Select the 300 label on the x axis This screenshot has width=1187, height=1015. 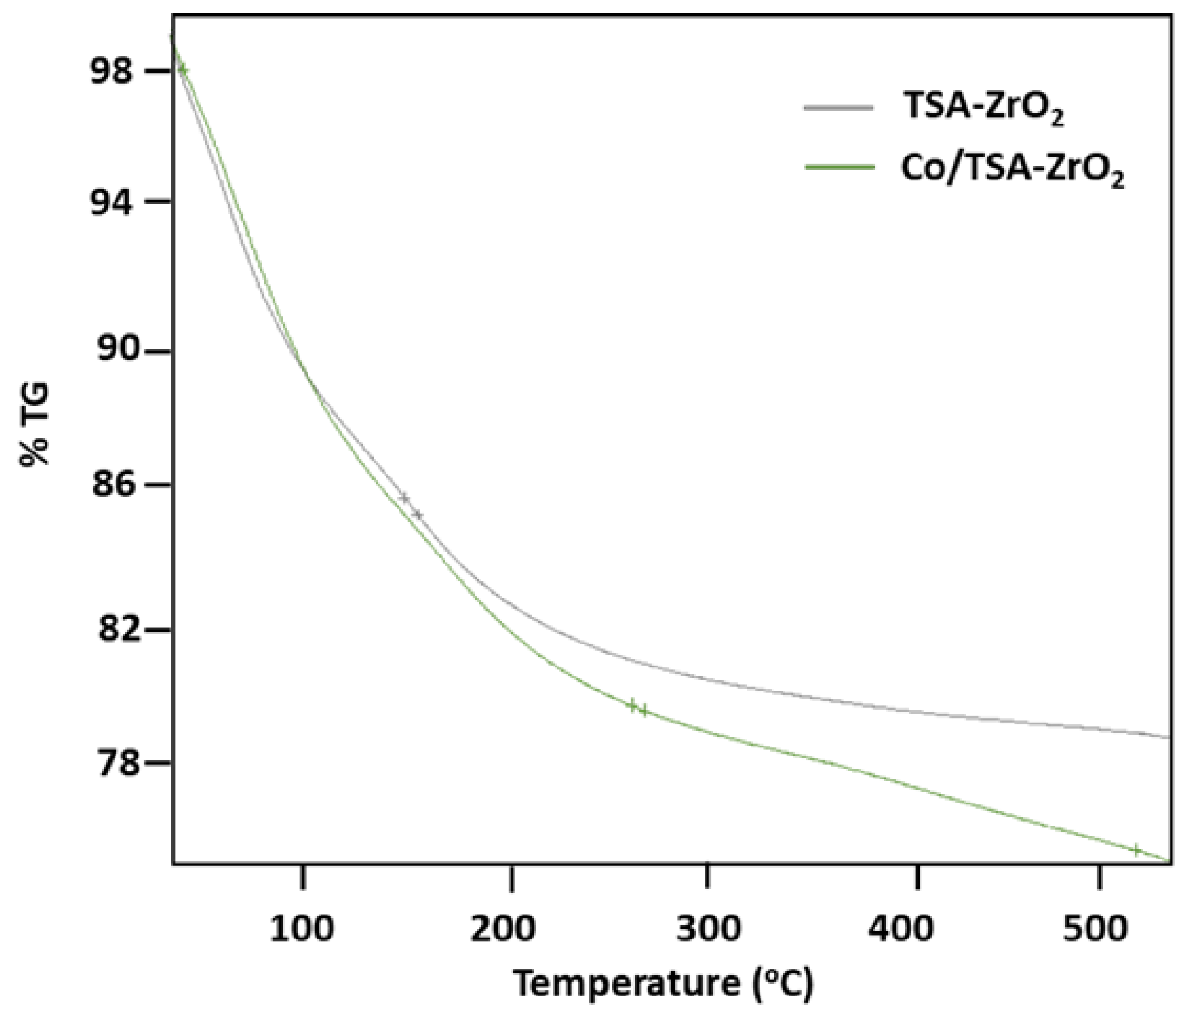[709, 929]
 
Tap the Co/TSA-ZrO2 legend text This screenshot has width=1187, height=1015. [1012, 170]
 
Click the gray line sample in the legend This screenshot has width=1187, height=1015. [839, 108]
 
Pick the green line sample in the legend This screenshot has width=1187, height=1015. [839, 168]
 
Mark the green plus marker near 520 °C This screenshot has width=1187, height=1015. [1136, 850]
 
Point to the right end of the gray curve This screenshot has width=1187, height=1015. [1168, 737]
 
